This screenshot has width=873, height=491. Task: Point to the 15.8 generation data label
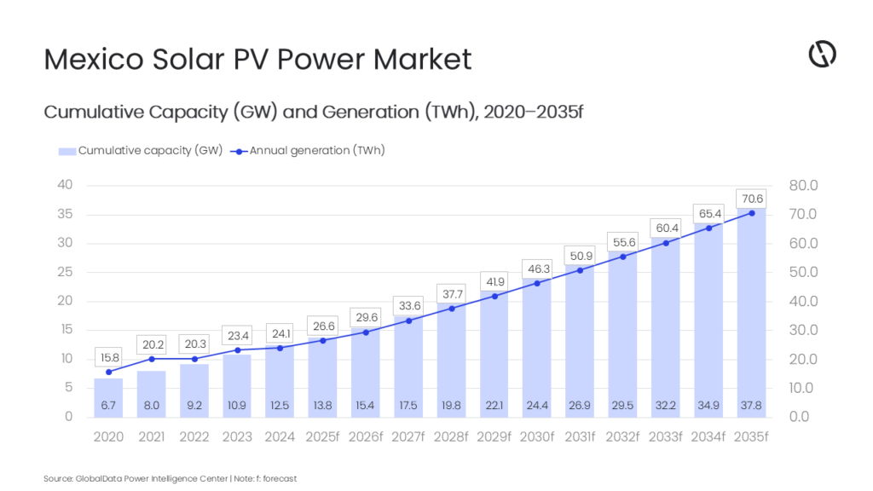pos(108,357)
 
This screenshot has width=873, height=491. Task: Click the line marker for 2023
pos(237,350)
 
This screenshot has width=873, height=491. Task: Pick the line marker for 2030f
pos(537,284)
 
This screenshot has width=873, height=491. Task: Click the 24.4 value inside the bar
pos(537,405)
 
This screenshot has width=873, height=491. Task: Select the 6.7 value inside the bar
pos(108,405)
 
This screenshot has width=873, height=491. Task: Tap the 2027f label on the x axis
pos(408,436)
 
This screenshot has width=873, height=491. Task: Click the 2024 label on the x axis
pos(280,436)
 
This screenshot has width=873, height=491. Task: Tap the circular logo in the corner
pos(822,55)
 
